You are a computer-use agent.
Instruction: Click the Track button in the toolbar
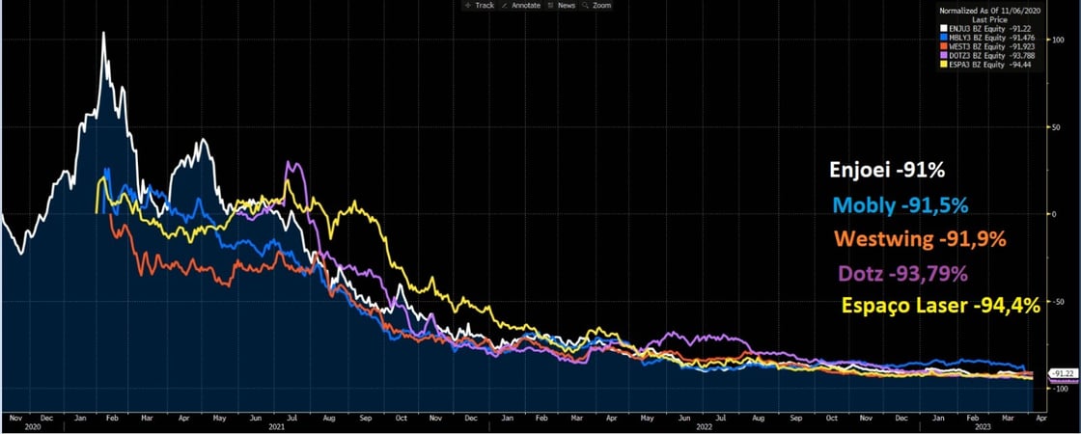(x=479, y=5)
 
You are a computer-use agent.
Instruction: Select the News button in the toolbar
(x=562, y=5)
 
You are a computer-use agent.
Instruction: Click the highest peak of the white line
(x=103, y=34)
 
